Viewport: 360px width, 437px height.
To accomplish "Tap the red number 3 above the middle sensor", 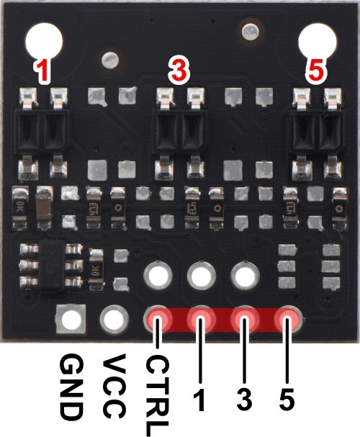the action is pos(179,70).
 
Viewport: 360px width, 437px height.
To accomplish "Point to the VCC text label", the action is pos(114,387).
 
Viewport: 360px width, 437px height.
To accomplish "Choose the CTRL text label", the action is pos(158,395).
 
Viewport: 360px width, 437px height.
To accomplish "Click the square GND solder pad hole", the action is pos(71,319).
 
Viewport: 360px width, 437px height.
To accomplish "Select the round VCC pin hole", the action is pos(114,319).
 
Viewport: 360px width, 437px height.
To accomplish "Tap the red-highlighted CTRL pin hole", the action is pos(158,319).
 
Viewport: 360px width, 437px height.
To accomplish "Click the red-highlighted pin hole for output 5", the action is pos(287,319).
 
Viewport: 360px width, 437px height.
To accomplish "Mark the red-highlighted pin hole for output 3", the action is pos(245,319).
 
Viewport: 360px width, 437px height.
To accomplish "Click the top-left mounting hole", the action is pos(44,41).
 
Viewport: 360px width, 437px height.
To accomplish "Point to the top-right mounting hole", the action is pos(318,41).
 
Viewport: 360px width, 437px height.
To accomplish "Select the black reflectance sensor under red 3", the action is pos(179,130).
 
